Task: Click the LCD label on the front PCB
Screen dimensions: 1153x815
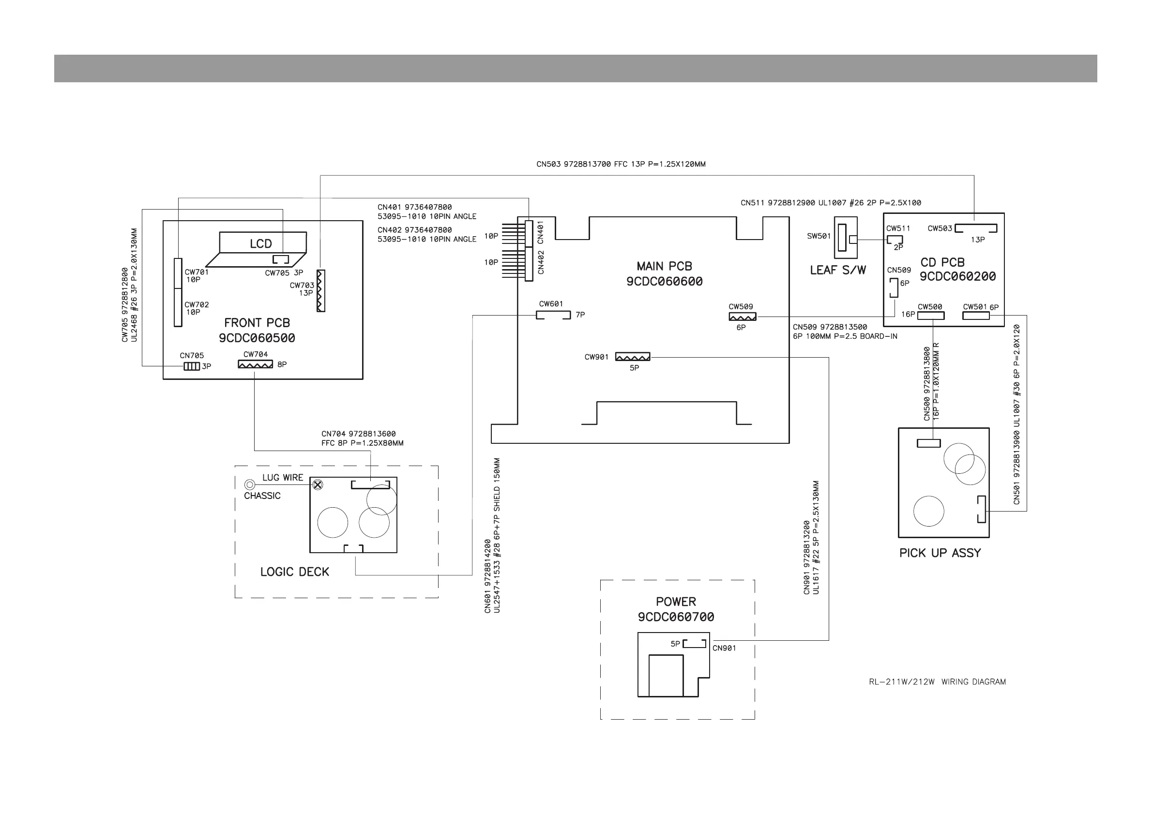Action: point(260,244)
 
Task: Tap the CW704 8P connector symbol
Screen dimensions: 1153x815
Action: point(255,364)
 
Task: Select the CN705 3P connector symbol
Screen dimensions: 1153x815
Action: point(191,366)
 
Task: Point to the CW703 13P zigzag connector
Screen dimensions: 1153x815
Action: point(321,291)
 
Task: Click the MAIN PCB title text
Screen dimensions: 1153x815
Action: point(664,266)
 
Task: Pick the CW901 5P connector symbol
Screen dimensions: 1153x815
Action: point(632,357)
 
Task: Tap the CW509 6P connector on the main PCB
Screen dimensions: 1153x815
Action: point(742,317)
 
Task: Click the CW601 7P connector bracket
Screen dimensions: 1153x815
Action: point(553,316)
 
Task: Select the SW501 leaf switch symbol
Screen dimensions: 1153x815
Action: point(845,238)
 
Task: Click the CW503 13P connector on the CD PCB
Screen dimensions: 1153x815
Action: point(975,228)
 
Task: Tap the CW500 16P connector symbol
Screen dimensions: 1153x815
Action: point(930,316)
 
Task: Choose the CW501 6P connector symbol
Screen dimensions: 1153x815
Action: point(976,316)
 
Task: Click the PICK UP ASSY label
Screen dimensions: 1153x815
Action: point(940,553)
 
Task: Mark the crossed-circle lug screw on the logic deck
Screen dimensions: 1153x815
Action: point(318,484)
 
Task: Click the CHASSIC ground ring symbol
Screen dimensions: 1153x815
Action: point(250,484)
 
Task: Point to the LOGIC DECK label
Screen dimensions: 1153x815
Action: point(294,572)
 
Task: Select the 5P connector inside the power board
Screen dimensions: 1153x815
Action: point(695,643)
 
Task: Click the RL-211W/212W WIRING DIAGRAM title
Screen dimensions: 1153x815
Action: point(937,682)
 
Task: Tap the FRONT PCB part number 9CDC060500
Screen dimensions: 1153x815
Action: point(257,338)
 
